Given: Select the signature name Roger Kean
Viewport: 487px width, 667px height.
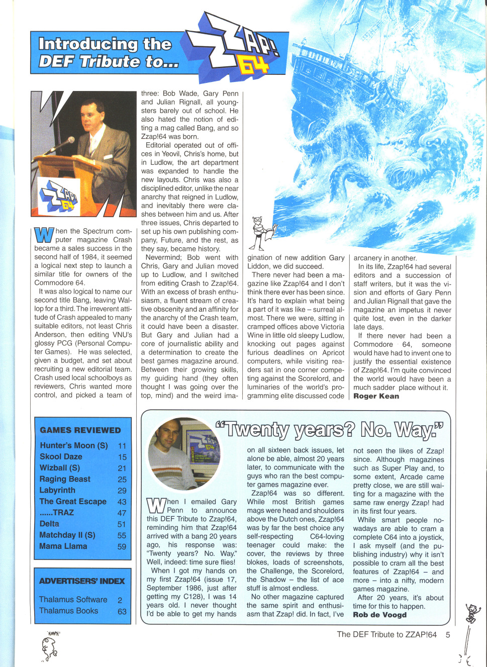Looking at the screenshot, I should [x=376, y=396].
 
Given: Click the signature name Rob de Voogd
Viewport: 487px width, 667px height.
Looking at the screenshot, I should [x=379, y=615].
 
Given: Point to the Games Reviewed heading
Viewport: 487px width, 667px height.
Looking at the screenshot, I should [x=80, y=430].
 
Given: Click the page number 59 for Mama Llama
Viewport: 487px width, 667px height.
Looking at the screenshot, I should [x=122, y=546].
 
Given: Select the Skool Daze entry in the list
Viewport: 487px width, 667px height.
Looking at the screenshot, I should [x=61, y=457].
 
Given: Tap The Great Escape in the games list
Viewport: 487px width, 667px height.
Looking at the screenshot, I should [x=73, y=502].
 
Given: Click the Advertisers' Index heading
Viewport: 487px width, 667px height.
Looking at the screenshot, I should [x=82, y=581].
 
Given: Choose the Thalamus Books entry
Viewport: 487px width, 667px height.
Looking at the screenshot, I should [x=69, y=611].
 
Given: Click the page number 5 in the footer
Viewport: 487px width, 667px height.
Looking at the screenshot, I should [x=448, y=635].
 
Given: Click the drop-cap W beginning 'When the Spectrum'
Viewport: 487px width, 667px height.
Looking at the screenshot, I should [x=44, y=235].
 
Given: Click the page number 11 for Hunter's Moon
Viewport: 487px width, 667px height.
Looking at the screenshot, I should [x=122, y=446].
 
